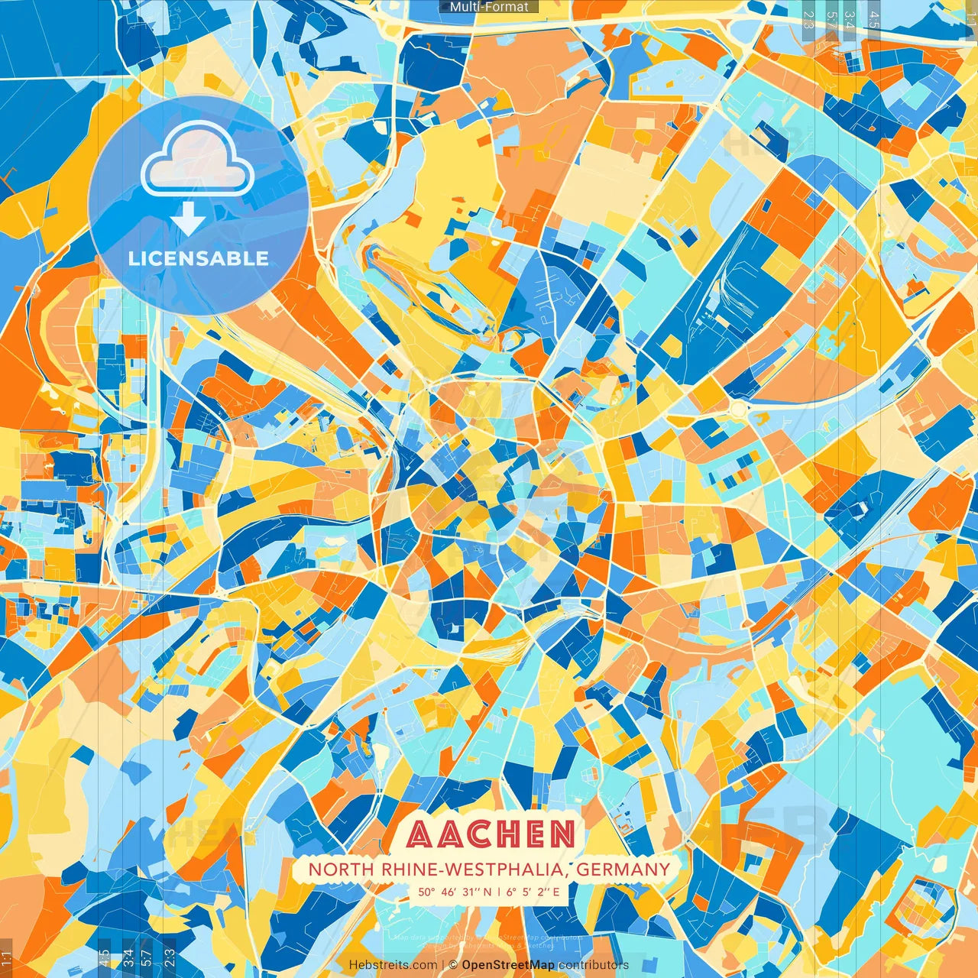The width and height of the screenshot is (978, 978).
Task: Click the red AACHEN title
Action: (x=490, y=834)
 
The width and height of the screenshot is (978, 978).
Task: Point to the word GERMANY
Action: (x=623, y=870)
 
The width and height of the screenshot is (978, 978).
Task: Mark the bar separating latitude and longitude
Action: (x=498, y=892)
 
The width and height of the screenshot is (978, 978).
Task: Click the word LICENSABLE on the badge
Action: (x=199, y=258)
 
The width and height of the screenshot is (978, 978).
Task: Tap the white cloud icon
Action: (x=198, y=158)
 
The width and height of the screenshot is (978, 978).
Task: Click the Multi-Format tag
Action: (x=489, y=7)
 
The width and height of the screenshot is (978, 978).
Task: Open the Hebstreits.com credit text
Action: (x=393, y=965)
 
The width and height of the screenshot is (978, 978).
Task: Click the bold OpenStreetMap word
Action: (x=508, y=965)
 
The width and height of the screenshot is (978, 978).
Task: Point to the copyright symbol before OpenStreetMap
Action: (x=452, y=965)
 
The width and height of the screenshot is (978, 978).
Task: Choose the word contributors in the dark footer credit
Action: (x=594, y=965)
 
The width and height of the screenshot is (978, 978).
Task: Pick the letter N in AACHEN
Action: (x=562, y=834)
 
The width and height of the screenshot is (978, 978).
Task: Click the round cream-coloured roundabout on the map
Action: (x=737, y=410)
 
